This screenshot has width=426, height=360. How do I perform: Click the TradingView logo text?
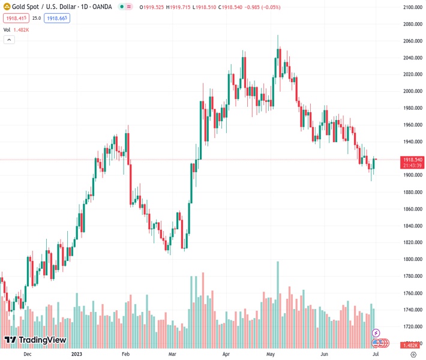point(42,340)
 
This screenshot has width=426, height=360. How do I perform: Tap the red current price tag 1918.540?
point(413,160)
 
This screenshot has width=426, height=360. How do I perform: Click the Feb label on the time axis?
point(125,355)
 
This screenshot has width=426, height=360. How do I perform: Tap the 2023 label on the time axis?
point(76,355)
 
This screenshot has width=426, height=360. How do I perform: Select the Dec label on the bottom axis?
point(27,355)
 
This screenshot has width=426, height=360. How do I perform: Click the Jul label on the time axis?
point(375,355)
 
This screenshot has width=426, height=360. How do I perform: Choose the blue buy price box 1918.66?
point(58,18)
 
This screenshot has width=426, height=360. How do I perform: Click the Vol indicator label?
point(7,29)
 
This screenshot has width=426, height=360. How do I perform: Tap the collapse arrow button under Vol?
point(9,40)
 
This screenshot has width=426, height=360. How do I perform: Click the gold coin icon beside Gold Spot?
point(7,7)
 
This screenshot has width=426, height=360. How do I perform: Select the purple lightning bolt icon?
point(376,333)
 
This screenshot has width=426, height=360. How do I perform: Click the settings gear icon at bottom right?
point(413,355)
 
